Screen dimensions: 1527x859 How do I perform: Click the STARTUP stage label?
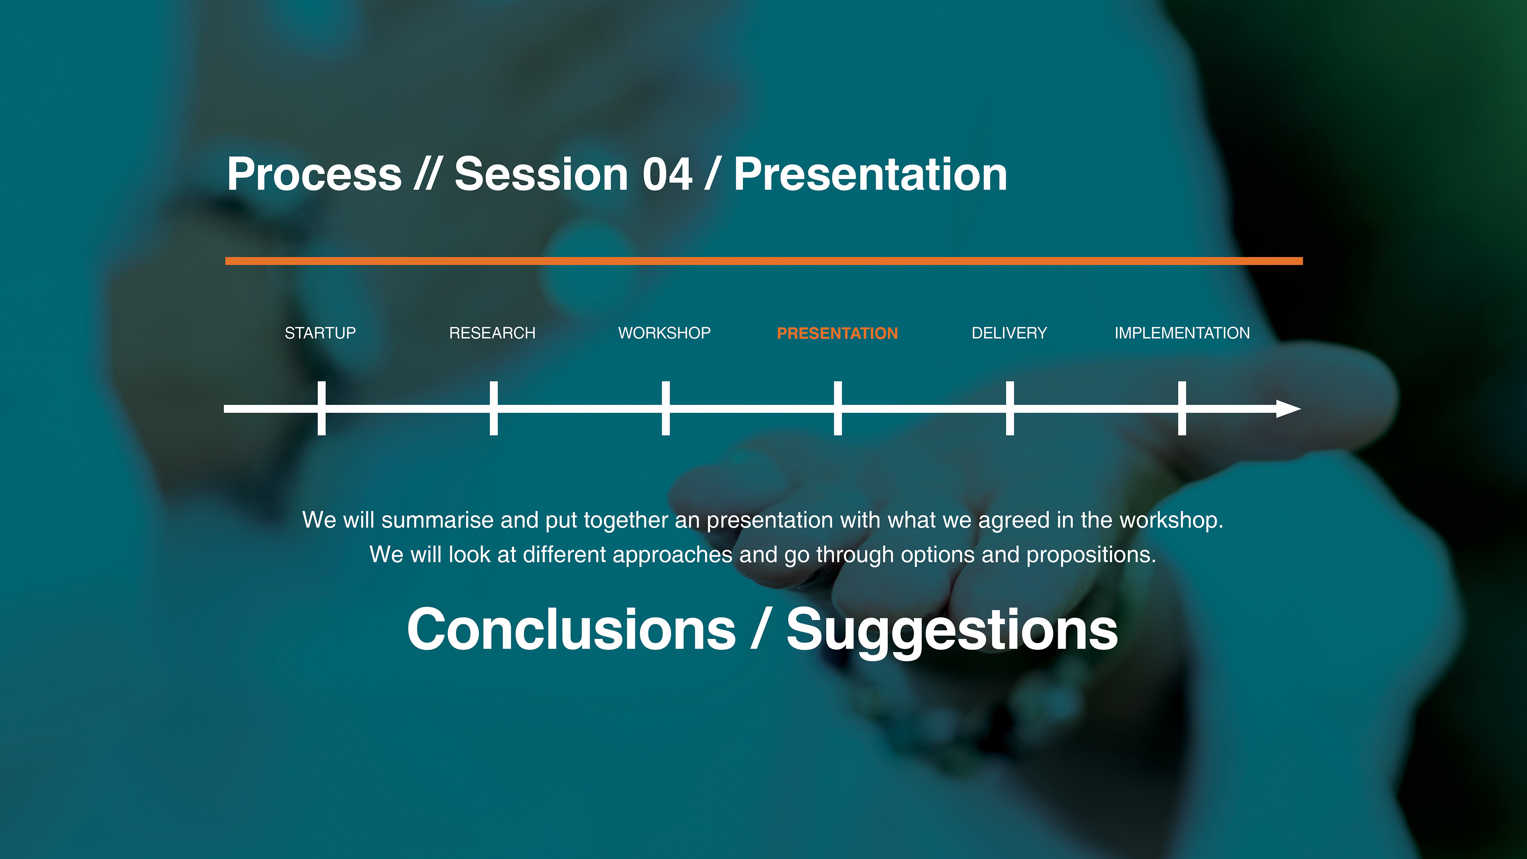pos(320,333)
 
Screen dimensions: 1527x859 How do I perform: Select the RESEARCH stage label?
pos(492,333)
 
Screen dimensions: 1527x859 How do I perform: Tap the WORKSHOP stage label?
pos(664,333)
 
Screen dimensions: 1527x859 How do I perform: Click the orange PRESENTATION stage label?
pos(837,333)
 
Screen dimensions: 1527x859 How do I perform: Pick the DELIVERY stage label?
pos(1010,333)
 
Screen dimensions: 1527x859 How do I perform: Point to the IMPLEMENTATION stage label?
pos(1182,333)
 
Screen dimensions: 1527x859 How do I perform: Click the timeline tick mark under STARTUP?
pos(321,408)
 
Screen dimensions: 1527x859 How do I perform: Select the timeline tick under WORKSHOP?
pos(666,408)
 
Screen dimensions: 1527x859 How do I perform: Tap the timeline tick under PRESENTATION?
pos(837,408)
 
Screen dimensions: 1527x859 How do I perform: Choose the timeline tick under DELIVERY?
pos(1010,408)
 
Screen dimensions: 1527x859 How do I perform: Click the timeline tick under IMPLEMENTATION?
pos(1182,408)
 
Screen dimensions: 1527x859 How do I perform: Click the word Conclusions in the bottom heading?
pos(571,629)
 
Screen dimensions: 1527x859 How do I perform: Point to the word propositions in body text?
pos(1091,555)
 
